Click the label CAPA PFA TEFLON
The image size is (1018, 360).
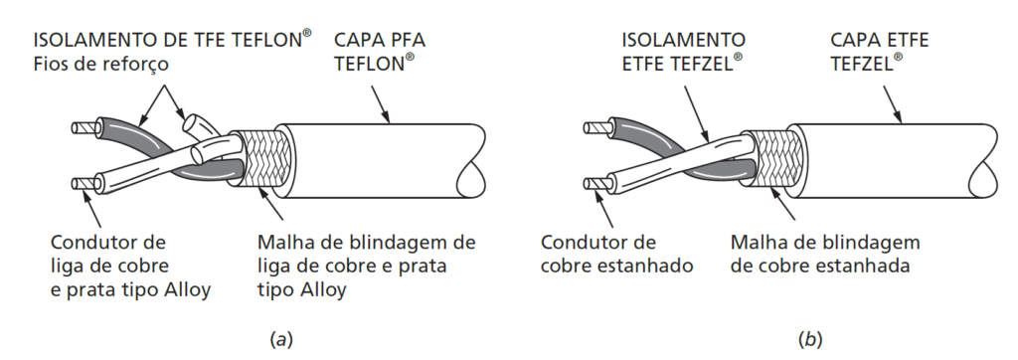pos(379,52)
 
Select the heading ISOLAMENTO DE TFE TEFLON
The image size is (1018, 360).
pos(172,40)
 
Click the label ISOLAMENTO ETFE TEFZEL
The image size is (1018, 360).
pos(684,52)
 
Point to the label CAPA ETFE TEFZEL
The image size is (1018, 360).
pos(879,52)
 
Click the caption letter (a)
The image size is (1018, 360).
pos(280,339)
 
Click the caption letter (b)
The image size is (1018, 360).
pos(812,339)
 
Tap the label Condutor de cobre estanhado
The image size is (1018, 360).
pos(616,254)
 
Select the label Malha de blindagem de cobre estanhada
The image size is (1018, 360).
pos(825,254)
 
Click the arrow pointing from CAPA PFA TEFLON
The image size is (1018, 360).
pos(380,102)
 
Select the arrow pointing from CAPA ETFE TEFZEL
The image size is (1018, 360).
pos(893,102)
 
